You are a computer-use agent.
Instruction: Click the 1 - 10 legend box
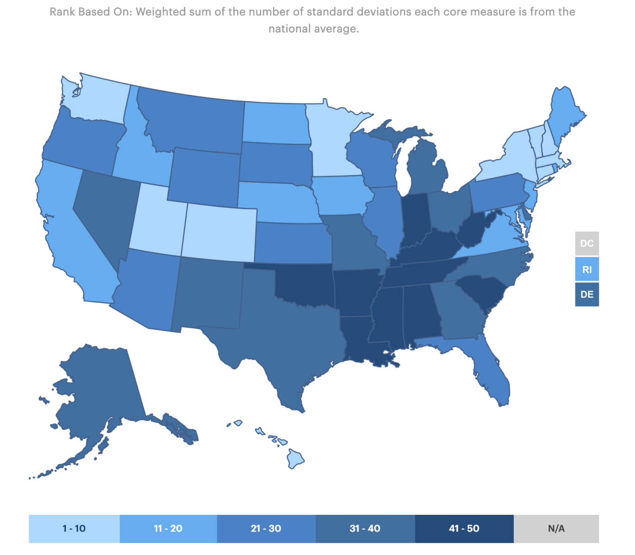tap(74, 528)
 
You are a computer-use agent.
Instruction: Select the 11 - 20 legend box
tap(168, 528)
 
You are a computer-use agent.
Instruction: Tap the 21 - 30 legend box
tap(266, 528)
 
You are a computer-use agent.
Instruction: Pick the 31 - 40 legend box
tap(365, 528)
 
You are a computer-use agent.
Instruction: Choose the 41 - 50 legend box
tap(464, 528)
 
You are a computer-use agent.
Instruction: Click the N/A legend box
tap(556, 528)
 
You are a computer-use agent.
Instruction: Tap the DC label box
tap(587, 243)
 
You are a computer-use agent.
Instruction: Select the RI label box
tap(587, 269)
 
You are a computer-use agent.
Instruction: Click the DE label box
tap(587, 295)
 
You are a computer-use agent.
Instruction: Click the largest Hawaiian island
tap(295, 459)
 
